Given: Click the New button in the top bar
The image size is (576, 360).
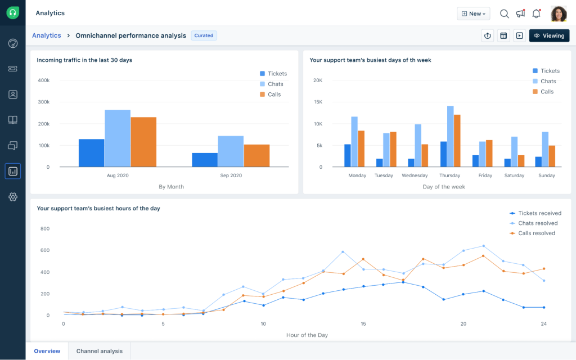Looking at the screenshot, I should click(x=473, y=13).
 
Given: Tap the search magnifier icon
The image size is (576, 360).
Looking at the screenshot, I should click(x=505, y=13).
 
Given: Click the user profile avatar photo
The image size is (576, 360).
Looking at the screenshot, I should click(x=559, y=13).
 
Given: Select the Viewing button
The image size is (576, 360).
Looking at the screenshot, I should click(x=549, y=35).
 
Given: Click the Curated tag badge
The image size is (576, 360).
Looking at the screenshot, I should click(x=204, y=35).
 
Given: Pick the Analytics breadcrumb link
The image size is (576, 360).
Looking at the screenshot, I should click(x=46, y=35).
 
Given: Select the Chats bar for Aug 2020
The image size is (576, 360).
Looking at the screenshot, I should click(x=118, y=138).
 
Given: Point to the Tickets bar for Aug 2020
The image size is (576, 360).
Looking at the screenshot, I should click(x=91, y=153).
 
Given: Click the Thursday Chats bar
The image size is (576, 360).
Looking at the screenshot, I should click(x=450, y=137).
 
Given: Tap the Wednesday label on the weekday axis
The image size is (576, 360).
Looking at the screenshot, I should click(x=415, y=175).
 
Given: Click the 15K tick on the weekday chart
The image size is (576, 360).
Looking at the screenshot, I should click(x=317, y=102).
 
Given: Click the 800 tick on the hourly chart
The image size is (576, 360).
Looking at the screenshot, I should click(x=45, y=229).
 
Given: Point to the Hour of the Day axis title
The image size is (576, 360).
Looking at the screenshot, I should click(x=307, y=335).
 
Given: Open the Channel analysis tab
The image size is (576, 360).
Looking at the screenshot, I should click(x=100, y=351).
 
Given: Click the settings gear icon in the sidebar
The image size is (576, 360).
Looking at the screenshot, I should click(x=13, y=197).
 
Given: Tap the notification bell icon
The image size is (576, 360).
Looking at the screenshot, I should click(x=536, y=13).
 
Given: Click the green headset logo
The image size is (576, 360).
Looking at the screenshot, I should click(x=13, y=13).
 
